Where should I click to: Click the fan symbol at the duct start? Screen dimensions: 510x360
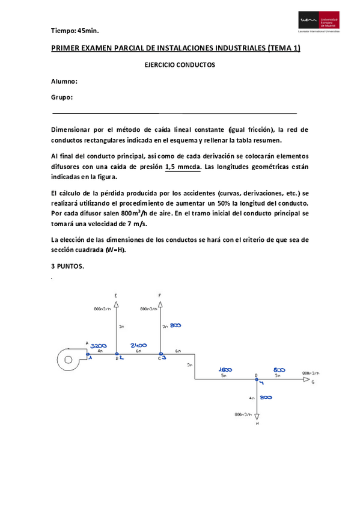[70, 360]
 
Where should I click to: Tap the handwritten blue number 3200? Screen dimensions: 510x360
[99, 346]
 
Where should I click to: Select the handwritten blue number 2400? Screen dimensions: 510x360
[139, 346]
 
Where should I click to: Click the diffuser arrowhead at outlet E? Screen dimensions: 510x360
[117, 303]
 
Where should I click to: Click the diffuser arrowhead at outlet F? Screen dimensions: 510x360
[160, 303]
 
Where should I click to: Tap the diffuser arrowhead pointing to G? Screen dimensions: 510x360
[307, 380]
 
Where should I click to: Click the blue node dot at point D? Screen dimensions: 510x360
[257, 380]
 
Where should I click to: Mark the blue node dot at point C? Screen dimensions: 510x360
[160, 355]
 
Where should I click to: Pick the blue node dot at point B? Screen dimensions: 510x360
[117, 355]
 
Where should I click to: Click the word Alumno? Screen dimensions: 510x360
[64, 82]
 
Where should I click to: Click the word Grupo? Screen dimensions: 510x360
[62, 97]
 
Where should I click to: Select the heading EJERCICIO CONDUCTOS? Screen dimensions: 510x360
[180, 66]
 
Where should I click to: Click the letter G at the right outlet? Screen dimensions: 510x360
[313, 382]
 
